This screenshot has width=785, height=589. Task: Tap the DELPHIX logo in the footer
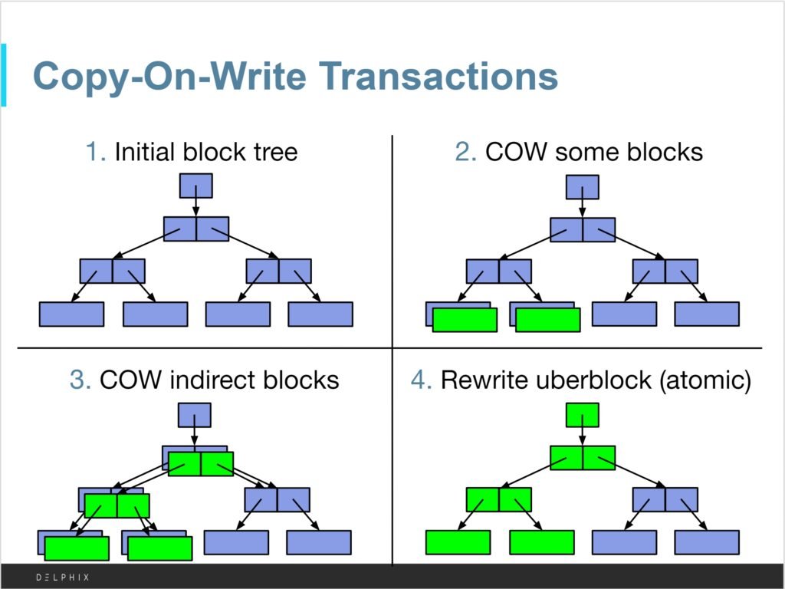[x=62, y=577]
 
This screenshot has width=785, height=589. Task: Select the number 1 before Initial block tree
[x=95, y=152]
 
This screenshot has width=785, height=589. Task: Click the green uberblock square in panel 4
[x=582, y=415]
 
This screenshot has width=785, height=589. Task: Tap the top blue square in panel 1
[x=195, y=186]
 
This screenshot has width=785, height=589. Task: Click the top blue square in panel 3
[x=194, y=415]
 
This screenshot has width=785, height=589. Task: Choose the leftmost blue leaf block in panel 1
[x=71, y=314]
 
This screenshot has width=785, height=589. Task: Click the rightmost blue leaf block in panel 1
[x=320, y=314]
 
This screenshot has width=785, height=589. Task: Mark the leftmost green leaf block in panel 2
[x=465, y=320]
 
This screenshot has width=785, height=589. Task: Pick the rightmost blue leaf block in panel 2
[x=707, y=314]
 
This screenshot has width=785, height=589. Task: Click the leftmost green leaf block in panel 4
[x=458, y=542]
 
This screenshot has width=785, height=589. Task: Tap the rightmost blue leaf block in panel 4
[x=707, y=542]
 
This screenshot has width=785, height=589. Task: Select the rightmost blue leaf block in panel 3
[x=319, y=542]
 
